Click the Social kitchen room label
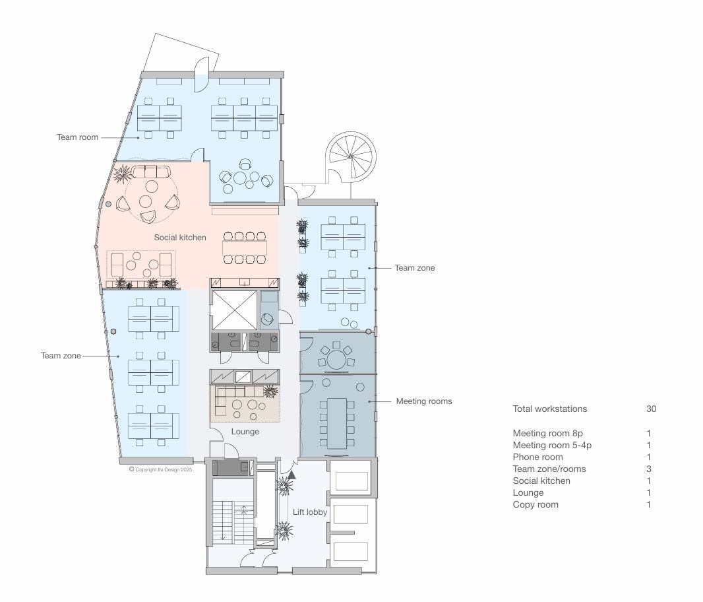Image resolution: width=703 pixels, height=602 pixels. coord(180,238)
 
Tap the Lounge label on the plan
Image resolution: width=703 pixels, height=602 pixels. coord(245,432)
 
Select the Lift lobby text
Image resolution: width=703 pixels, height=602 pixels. coord(310,512)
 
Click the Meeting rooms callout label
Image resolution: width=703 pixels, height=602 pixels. coord(423,401)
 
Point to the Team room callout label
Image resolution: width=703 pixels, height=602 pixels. coord(78,137)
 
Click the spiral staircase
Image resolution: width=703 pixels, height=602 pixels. coord(350,157)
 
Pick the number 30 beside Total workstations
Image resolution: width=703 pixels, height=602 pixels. coord(651,409)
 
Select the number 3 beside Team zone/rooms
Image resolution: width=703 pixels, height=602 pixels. coord(649,469)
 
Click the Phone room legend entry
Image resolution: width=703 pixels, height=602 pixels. coord(537,457)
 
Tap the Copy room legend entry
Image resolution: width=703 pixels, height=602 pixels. coord(535,504)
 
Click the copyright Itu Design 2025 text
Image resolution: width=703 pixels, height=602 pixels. coord(160,469)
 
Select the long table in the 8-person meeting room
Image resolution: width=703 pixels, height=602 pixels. coord(337,423)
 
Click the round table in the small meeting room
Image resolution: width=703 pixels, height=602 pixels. coord(336,359)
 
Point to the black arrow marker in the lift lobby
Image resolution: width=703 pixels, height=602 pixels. coord(292,475)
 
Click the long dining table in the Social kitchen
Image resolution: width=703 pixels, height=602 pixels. coord(245,248)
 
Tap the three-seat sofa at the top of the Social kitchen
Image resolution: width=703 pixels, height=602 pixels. coord(150,172)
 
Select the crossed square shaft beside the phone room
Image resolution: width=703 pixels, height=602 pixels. coord(234,310)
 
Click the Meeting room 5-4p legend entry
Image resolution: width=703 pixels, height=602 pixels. coord(552,446)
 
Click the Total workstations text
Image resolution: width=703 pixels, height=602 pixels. coord(549,409)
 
